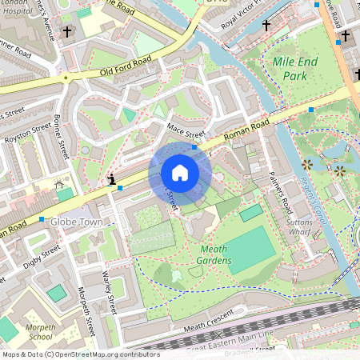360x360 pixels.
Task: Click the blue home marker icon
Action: click(x=180, y=173)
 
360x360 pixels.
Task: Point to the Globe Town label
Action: click(x=77, y=221)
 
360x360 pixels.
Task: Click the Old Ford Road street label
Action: click(x=126, y=66)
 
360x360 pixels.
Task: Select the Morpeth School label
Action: click(x=35, y=332)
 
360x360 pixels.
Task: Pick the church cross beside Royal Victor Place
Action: click(x=266, y=26)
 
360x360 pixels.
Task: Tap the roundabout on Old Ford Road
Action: click(x=63, y=78)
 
